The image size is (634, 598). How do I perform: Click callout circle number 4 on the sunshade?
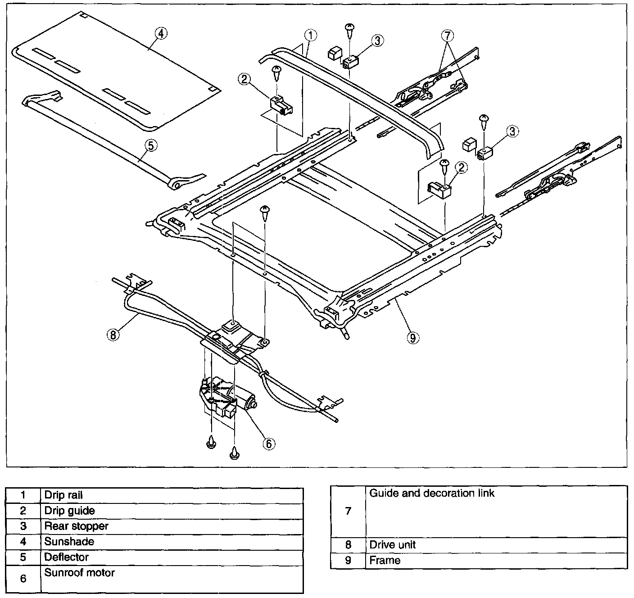tap(161, 33)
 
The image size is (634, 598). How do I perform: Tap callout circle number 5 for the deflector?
tap(151, 145)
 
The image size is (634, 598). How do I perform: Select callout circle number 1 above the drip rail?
tap(311, 35)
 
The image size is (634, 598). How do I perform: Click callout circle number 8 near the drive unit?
tap(113, 334)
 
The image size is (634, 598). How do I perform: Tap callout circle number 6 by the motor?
tap(268, 443)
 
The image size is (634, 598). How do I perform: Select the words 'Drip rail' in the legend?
tap(63, 495)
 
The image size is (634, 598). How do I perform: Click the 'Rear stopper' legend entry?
tap(76, 526)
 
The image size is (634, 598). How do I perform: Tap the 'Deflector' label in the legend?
tap(67, 557)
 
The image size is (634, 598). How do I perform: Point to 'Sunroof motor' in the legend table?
tap(79, 573)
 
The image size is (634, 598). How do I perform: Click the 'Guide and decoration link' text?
tap(432, 494)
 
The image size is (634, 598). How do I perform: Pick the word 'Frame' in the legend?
tap(385, 561)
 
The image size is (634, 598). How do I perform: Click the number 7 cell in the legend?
tap(348, 512)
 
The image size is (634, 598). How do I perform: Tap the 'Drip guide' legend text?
tap(69, 511)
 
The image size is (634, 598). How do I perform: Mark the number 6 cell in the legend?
tap(23, 579)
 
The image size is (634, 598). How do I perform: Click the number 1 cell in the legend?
tap(23, 495)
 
